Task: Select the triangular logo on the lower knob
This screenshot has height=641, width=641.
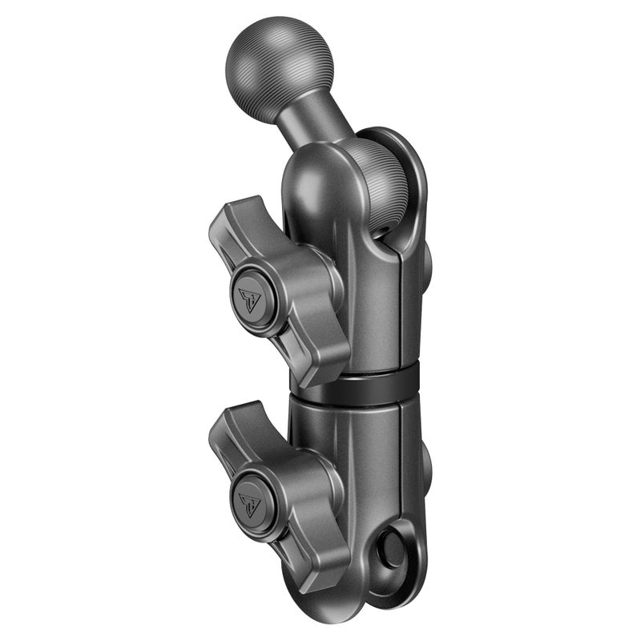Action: pyautogui.click(x=250, y=504)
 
